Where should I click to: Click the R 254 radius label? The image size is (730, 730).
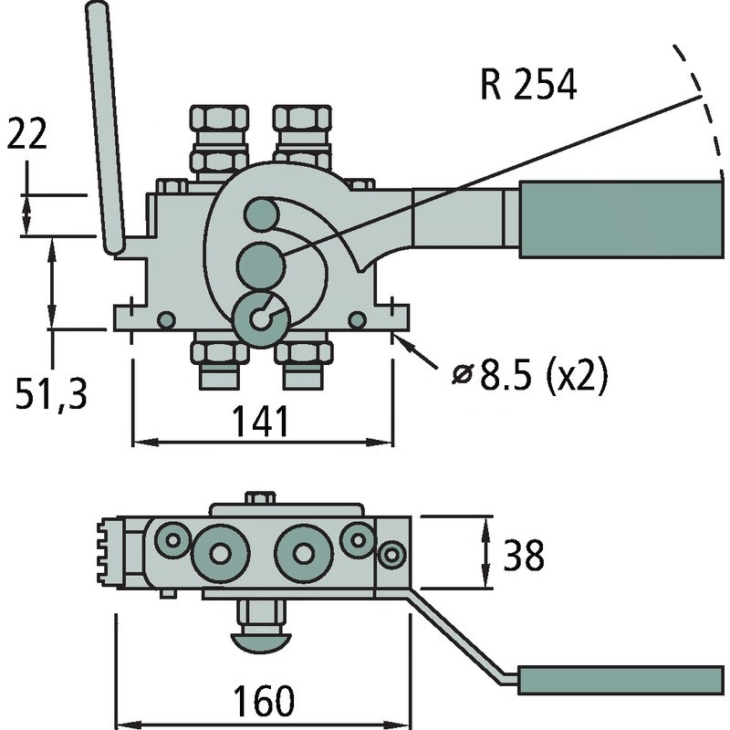[x=528, y=86]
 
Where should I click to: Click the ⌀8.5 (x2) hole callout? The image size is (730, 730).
[x=529, y=375]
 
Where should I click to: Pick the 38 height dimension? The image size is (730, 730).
[x=523, y=554]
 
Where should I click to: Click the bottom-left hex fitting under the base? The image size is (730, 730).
[x=219, y=359]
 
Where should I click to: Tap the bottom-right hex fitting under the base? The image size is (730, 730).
[x=305, y=359]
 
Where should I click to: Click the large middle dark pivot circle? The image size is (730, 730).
[x=260, y=266]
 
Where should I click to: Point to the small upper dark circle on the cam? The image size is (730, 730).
[x=261, y=214]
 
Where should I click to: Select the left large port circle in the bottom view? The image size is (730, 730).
[x=220, y=553]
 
